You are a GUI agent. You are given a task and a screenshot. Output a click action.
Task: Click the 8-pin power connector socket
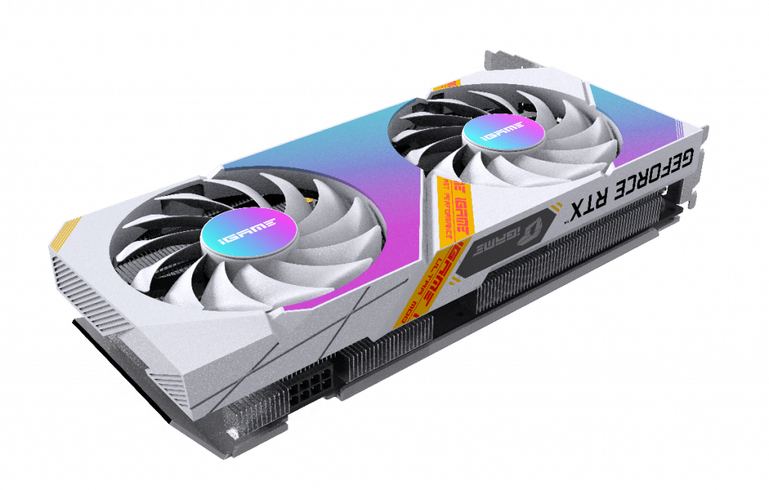point(304,390)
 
